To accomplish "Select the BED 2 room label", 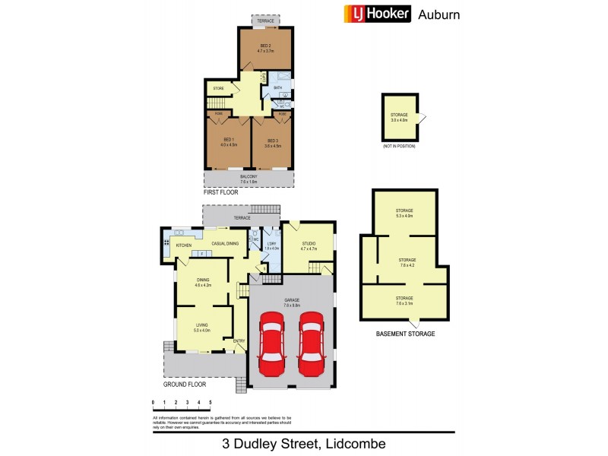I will [x=266, y=46].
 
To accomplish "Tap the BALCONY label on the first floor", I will [x=249, y=177].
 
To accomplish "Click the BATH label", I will [x=277, y=89].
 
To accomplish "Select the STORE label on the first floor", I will [x=217, y=89].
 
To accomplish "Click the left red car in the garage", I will [x=271, y=344].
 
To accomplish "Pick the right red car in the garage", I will [x=311, y=344].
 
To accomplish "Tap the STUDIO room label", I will [x=308, y=243].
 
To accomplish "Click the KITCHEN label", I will [x=184, y=245].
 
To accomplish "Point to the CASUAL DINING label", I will [x=225, y=243].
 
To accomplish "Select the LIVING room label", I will [x=201, y=325].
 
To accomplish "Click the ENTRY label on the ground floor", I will [x=239, y=340].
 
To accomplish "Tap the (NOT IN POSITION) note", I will [x=400, y=145].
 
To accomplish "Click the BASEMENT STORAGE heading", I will [x=405, y=334].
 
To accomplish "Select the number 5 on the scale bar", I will [x=210, y=402].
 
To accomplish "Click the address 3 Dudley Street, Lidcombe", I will [x=303, y=443].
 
